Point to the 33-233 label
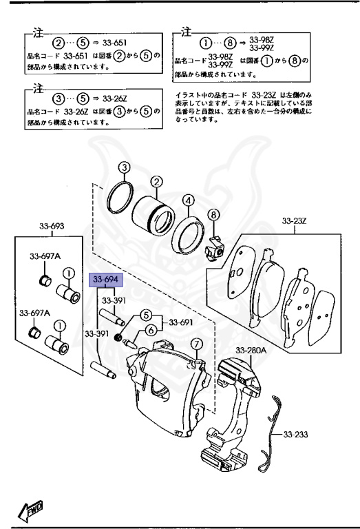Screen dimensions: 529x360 tap(297, 436)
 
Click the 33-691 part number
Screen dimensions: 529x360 tap(182, 322)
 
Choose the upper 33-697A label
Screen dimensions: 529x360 tap(45, 256)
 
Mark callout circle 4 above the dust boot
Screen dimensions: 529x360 tap(187, 200)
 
